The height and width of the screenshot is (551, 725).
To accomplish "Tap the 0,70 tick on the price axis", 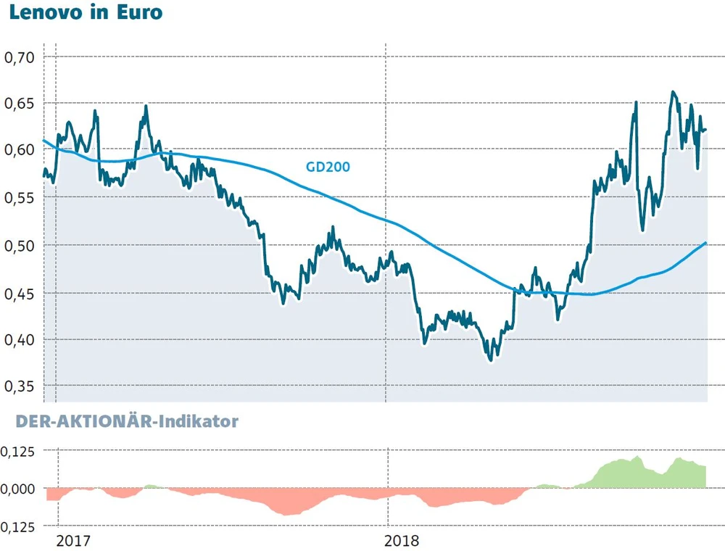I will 20,57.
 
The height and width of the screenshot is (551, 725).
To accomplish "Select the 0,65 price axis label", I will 20,104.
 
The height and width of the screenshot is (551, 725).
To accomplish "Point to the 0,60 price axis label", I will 20,150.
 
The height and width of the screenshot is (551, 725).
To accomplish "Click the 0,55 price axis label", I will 20,197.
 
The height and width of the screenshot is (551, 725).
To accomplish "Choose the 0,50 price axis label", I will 20,245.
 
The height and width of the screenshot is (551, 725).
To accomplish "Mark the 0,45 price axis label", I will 20,293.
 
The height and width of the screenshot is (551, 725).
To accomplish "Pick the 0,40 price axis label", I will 20,339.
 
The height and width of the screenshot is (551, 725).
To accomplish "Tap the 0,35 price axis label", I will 20,386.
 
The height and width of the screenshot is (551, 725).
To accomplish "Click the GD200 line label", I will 327,167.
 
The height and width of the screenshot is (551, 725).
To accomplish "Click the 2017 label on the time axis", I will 75,541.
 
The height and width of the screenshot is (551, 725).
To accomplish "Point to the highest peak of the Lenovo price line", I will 673,92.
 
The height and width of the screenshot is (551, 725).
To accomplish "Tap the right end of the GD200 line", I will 705,243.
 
